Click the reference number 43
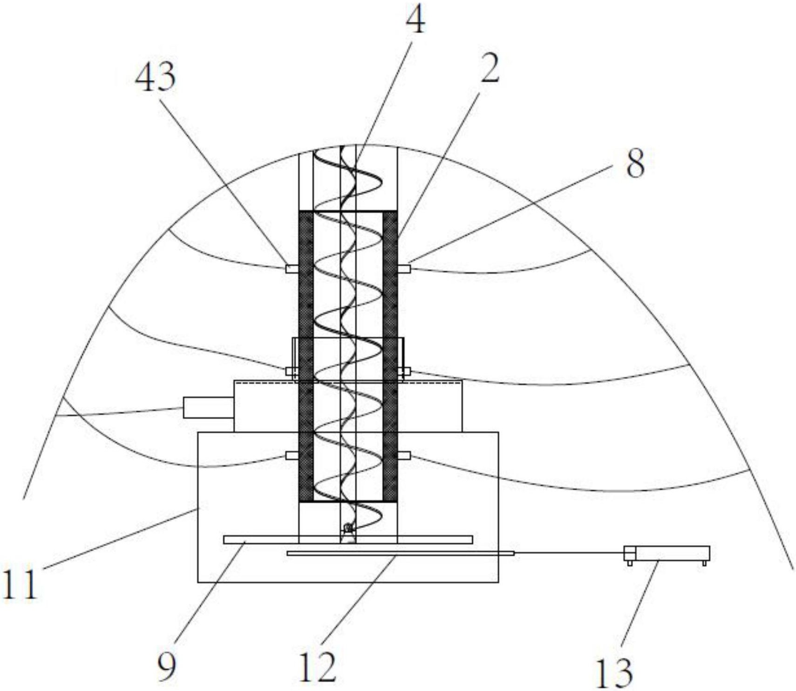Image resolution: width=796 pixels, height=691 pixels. [x=156, y=76]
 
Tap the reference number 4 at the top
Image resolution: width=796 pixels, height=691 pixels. [x=415, y=21]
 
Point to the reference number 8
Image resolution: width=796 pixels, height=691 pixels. [x=635, y=163]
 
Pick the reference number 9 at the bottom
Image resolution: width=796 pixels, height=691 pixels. [x=167, y=667]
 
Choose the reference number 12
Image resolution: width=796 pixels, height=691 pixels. [x=318, y=667]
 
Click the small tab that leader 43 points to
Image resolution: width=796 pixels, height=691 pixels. [x=292, y=269]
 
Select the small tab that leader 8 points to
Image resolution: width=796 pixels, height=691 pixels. [x=404, y=269]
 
